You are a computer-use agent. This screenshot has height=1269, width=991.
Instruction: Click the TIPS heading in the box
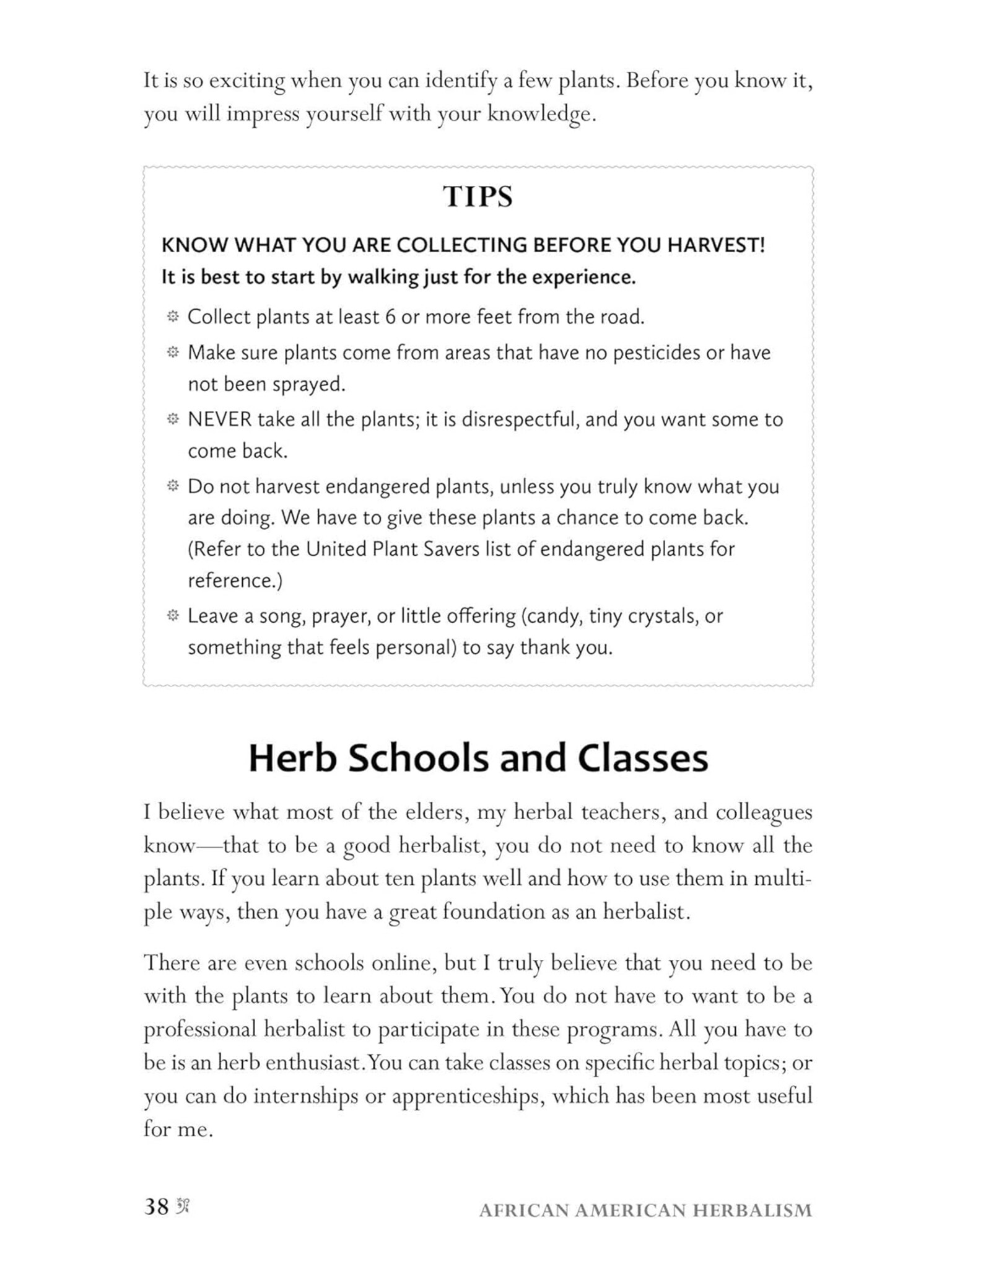478,197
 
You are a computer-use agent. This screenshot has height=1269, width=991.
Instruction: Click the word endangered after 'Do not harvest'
377,486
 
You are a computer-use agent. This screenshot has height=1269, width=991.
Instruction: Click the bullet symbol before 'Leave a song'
173,615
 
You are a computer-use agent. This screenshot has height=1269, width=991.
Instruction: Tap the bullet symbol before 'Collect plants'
173,317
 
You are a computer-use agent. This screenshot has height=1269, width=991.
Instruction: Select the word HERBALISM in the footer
752,1210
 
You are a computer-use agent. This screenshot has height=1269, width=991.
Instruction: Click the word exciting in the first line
247,81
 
